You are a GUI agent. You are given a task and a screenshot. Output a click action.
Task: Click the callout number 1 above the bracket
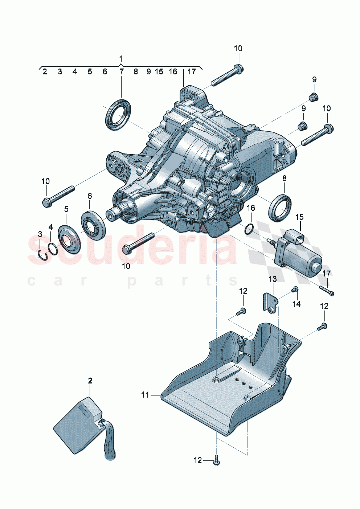[121, 58]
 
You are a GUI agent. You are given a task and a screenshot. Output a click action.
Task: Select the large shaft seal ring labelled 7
[118, 114]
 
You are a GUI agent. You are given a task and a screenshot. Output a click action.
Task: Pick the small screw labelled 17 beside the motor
[327, 291]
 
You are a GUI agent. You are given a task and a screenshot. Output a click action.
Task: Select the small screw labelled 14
[295, 289]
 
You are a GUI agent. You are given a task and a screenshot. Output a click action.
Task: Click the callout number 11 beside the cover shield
[145, 395]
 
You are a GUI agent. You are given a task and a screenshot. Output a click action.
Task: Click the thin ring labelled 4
[53, 249]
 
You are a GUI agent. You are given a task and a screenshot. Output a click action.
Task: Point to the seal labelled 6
[93, 225]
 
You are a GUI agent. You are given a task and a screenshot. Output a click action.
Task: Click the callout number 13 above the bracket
[272, 279]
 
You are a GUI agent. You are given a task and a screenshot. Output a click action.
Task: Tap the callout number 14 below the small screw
[296, 304]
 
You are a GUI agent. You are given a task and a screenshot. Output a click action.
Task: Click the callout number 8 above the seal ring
[284, 178]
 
